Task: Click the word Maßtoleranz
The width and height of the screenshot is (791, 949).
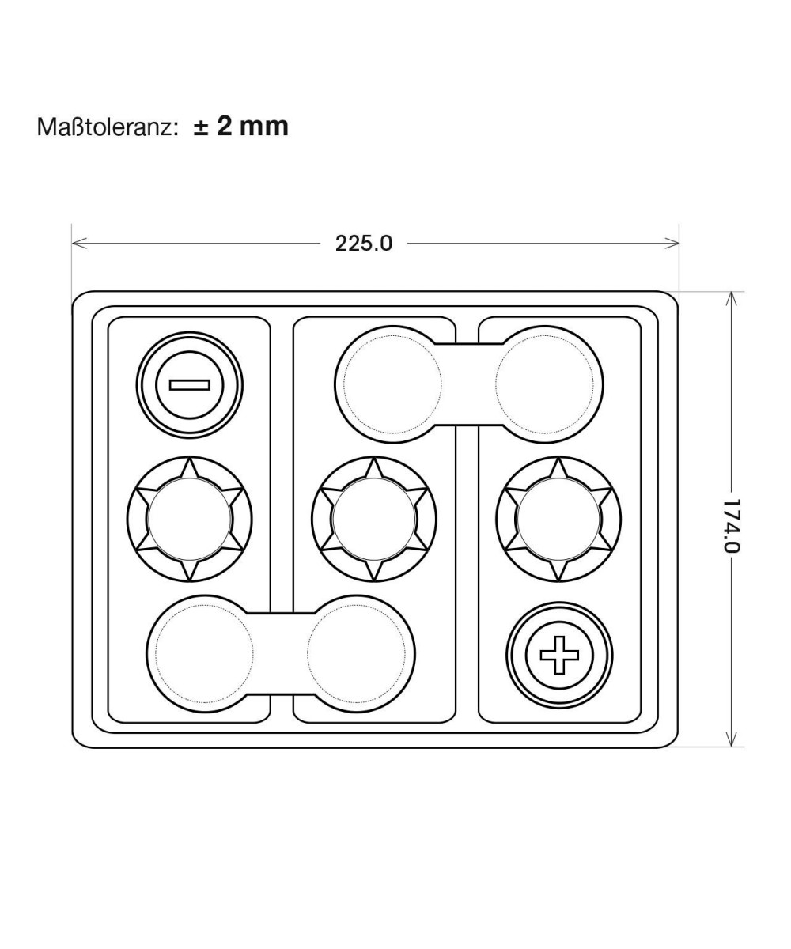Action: (x=106, y=127)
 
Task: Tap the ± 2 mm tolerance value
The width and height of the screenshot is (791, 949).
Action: (x=240, y=126)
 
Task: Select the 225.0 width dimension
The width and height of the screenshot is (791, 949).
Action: (x=363, y=244)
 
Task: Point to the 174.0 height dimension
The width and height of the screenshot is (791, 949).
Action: (x=732, y=525)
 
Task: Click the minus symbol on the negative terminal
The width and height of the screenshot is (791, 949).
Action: (x=190, y=385)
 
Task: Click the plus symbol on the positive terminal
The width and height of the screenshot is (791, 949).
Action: (x=559, y=655)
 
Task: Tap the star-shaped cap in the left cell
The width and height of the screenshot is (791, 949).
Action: (x=190, y=519)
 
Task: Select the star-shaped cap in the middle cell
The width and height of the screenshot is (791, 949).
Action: (x=373, y=519)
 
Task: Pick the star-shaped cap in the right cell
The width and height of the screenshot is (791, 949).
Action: (x=558, y=519)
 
